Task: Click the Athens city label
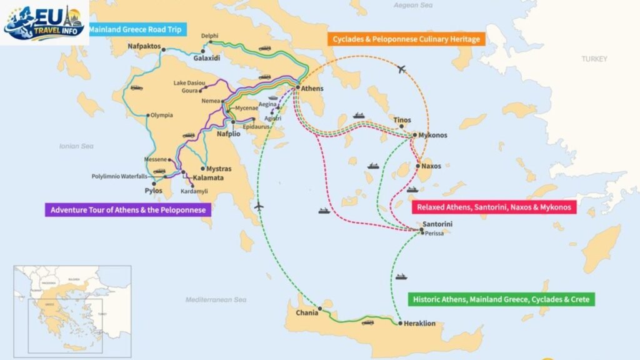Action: click(x=312, y=89)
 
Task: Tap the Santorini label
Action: click(x=437, y=224)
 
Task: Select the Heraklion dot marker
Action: click(x=399, y=323)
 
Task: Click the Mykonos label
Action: click(x=434, y=135)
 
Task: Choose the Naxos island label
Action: click(x=431, y=166)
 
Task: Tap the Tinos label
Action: click(x=401, y=120)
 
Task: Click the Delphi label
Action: click(x=210, y=36)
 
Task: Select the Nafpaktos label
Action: click(x=144, y=47)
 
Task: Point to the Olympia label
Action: click(x=162, y=115)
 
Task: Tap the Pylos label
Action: click(x=153, y=191)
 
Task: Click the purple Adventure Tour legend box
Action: click(x=127, y=210)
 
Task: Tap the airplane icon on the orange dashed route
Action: click(x=402, y=69)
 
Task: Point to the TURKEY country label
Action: click(x=594, y=59)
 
